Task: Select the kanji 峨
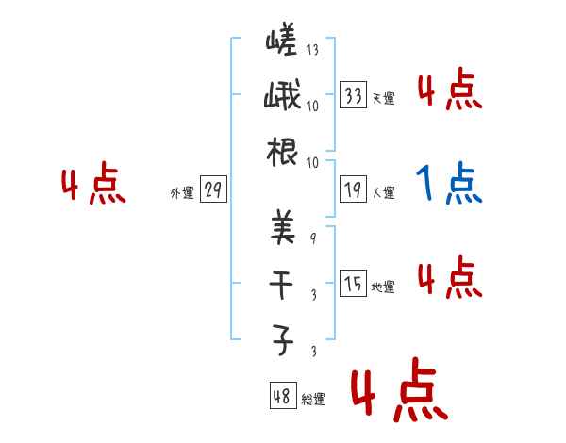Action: click(x=281, y=98)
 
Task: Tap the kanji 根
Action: click(x=281, y=154)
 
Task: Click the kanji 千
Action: click(x=281, y=284)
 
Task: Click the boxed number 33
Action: click(x=354, y=95)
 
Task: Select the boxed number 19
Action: click(x=354, y=189)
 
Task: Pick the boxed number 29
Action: click(x=212, y=190)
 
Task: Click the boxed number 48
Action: click(x=282, y=396)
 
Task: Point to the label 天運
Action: click(x=383, y=98)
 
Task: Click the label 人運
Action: click(x=383, y=192)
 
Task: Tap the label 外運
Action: click(x=181, y=192)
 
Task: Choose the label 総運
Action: click(x=313, y=399)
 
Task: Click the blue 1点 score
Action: click(x=449, y=184)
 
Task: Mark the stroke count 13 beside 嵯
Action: click(x=312, y=49)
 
